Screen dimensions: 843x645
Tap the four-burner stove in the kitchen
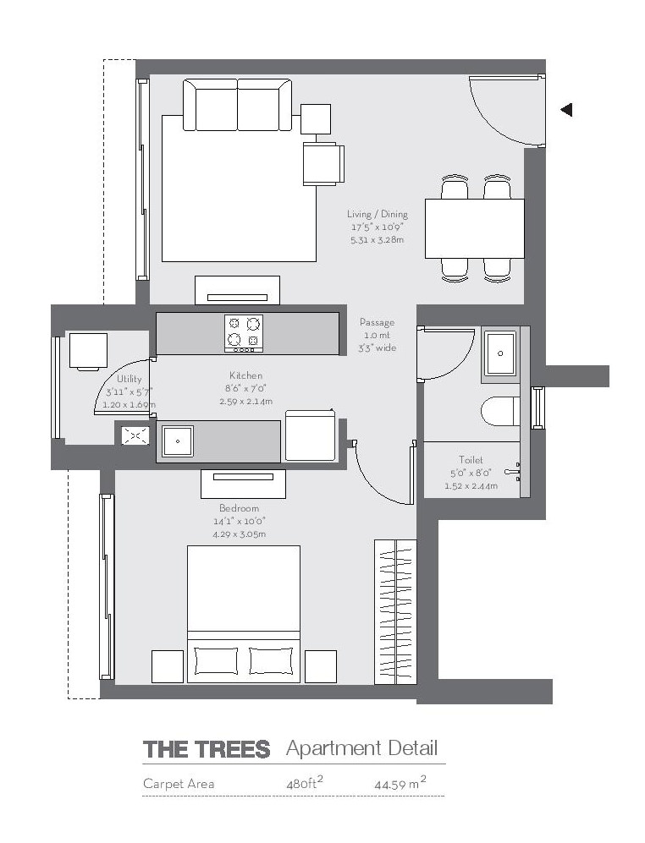coord(243,333)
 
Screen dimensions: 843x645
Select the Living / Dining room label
coord(377,215)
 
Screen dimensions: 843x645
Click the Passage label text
coord(377,322)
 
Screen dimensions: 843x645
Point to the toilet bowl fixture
coord(499,412)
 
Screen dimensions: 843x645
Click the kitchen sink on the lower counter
coord(178,441)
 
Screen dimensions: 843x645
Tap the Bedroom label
coord(239,508)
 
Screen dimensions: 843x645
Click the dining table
coord(474,228)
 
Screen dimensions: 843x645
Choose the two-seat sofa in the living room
coord(238,105)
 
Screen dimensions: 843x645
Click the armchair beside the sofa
coord(323,163)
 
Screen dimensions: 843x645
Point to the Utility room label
coord(130,380)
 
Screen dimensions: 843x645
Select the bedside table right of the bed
coord(320,666)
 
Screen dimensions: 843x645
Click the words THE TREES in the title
coord(207,749)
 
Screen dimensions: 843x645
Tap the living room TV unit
coord(237,290)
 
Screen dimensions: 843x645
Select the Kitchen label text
coord(245,375)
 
